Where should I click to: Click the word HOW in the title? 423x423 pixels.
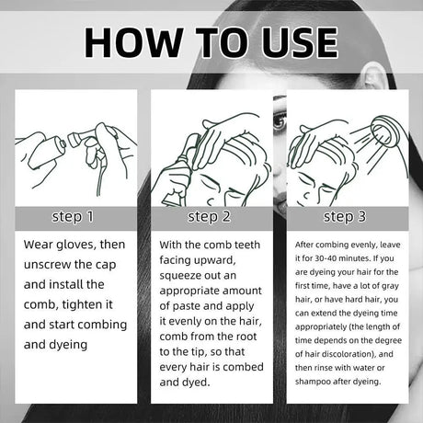[134, 42]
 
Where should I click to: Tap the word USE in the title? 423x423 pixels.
[300, 42]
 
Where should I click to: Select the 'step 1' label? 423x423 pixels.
[73, 217]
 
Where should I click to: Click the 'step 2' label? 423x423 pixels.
[209, 217]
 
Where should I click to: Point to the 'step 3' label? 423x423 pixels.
[345, 217]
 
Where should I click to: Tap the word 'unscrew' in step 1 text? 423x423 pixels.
[47, 265]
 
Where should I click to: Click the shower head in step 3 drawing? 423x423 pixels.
[384, 131]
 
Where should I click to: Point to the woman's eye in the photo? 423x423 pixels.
[279, 121]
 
